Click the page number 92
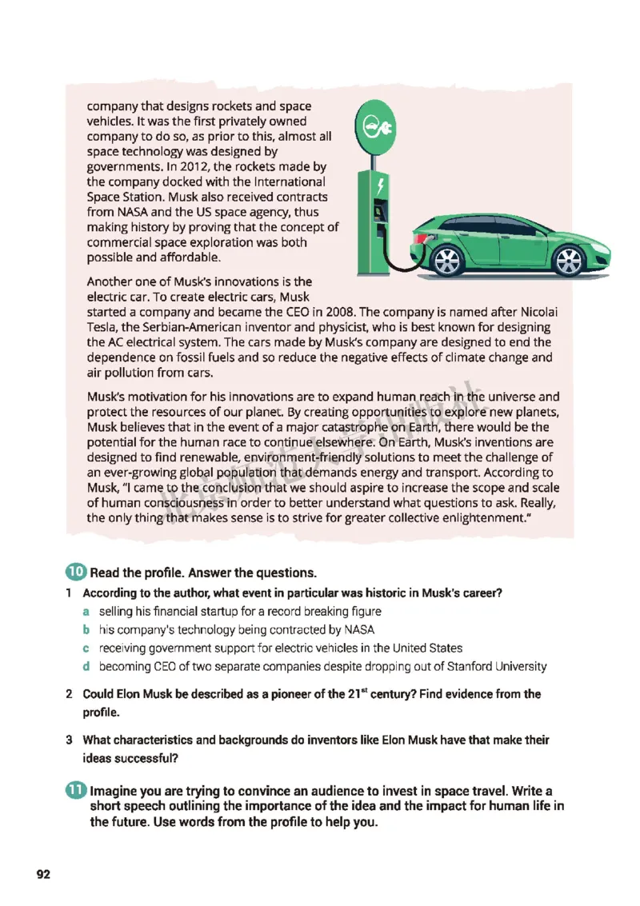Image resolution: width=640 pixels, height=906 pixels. pyautogui.click(x=42, y=874)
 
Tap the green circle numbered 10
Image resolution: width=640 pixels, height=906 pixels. pyautogui.click(x=76, y=573)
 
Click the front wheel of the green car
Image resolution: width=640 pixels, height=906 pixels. pyautogui.click(x=569, y=260)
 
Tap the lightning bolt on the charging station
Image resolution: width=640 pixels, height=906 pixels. pyautogui.click(x=380, y=186)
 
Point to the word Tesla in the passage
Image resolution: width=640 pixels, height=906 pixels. pyautogui.click(x=102, y=327)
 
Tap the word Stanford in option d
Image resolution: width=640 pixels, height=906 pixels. pyautogui.click(x=455, y=667)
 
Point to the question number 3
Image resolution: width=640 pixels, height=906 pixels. pyautogui.click(x=70, y=740)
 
